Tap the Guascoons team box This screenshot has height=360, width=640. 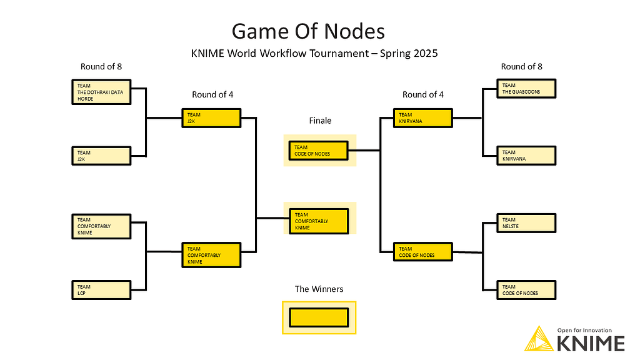coord(526,88)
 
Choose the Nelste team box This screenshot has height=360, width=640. coord(526,222)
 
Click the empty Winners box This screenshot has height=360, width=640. coord(319,317)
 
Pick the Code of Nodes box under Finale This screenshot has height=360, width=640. coord(319,151)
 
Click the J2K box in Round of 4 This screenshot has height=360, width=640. coord(211,118)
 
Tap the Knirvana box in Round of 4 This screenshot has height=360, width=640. coord(423,118)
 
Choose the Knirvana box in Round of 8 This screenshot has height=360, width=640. coord(526,156)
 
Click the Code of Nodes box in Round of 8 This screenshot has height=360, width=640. coord(526,290)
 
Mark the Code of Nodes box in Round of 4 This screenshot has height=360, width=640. coord(423,252)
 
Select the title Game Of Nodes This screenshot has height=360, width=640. coord(308,31)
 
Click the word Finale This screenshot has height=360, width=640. coord(320,121)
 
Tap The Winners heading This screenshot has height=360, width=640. coord(319,289)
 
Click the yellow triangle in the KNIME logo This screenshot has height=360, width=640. coord(537,340)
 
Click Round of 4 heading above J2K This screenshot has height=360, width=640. coord(212,95)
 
